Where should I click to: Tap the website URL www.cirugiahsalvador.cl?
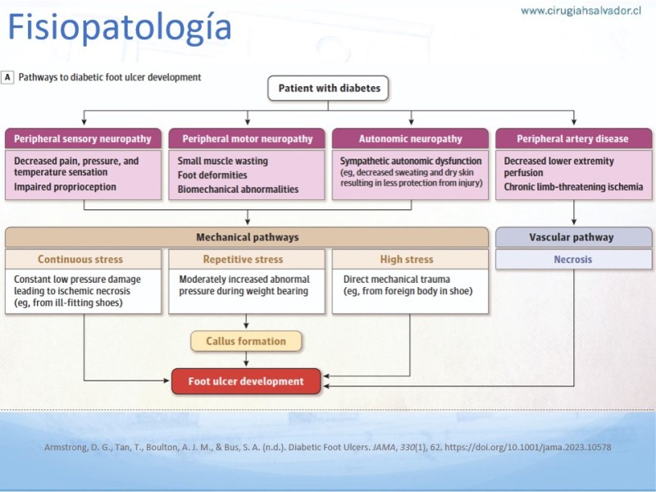[581, 11]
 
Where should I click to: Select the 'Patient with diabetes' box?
[328, 89]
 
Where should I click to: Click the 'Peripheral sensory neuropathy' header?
[83, 139]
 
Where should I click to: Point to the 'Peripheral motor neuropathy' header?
[247, 139]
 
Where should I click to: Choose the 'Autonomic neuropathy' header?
[410, 139]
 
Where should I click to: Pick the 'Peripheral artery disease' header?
[573, 139]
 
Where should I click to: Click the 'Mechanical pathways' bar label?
[248, 237]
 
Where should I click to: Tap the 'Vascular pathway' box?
[573, 237]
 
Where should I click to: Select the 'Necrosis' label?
[573, 259]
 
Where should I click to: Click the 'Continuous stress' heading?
[80, 259]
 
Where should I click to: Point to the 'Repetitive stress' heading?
[243, 259]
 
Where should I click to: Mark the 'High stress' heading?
[407, 259]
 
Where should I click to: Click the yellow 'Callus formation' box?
[246, 341]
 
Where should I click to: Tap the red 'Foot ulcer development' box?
[246, 381]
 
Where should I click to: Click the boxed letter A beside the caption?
[7, 77]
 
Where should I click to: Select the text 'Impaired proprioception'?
[65, 187]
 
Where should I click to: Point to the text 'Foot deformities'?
[212, 175]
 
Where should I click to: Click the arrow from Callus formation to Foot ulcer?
[246, 360]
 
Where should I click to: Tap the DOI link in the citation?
[527, 447]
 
